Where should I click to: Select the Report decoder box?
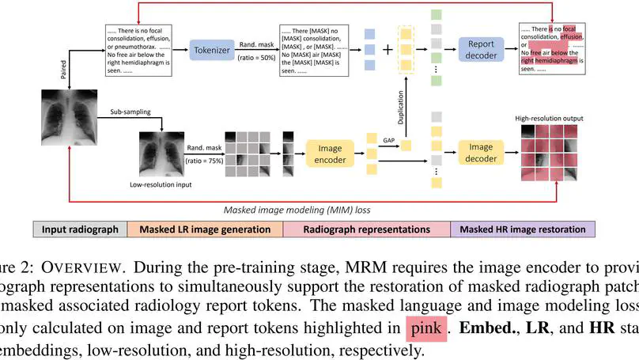(481, 50)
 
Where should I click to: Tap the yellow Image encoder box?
(330, 153)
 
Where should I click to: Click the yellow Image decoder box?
(481, 153)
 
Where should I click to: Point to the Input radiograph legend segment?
(79, 229)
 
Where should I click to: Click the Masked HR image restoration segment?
(524, 229)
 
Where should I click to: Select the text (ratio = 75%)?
(205, 161)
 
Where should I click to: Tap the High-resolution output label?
(549, 119)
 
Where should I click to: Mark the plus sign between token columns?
(388, 50)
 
